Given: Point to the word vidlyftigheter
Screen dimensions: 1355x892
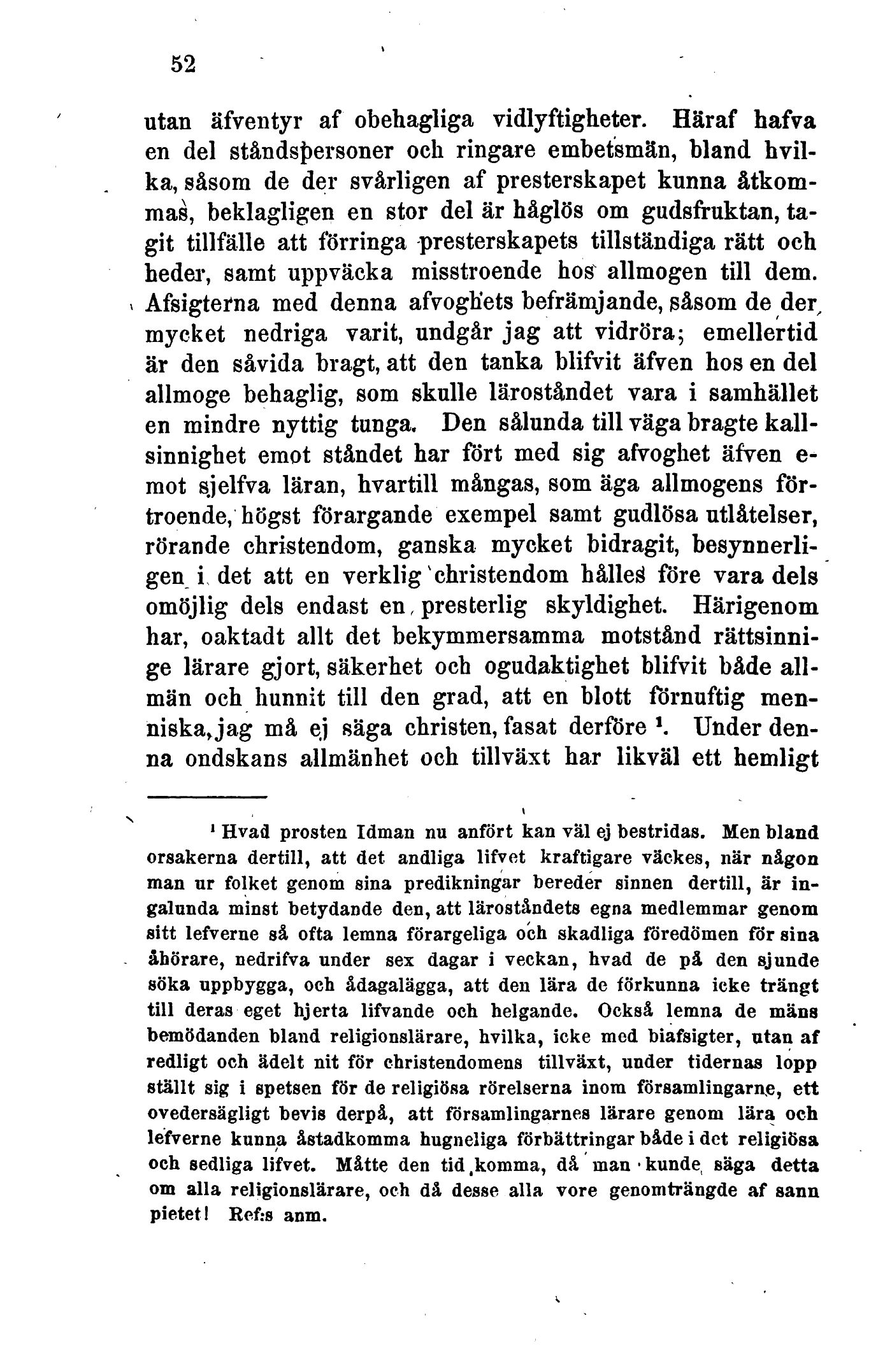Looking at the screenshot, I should pos(579,119).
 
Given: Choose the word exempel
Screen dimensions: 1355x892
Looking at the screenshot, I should pos(490,515).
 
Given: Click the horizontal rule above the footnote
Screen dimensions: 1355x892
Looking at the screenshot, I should pos(206,797).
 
